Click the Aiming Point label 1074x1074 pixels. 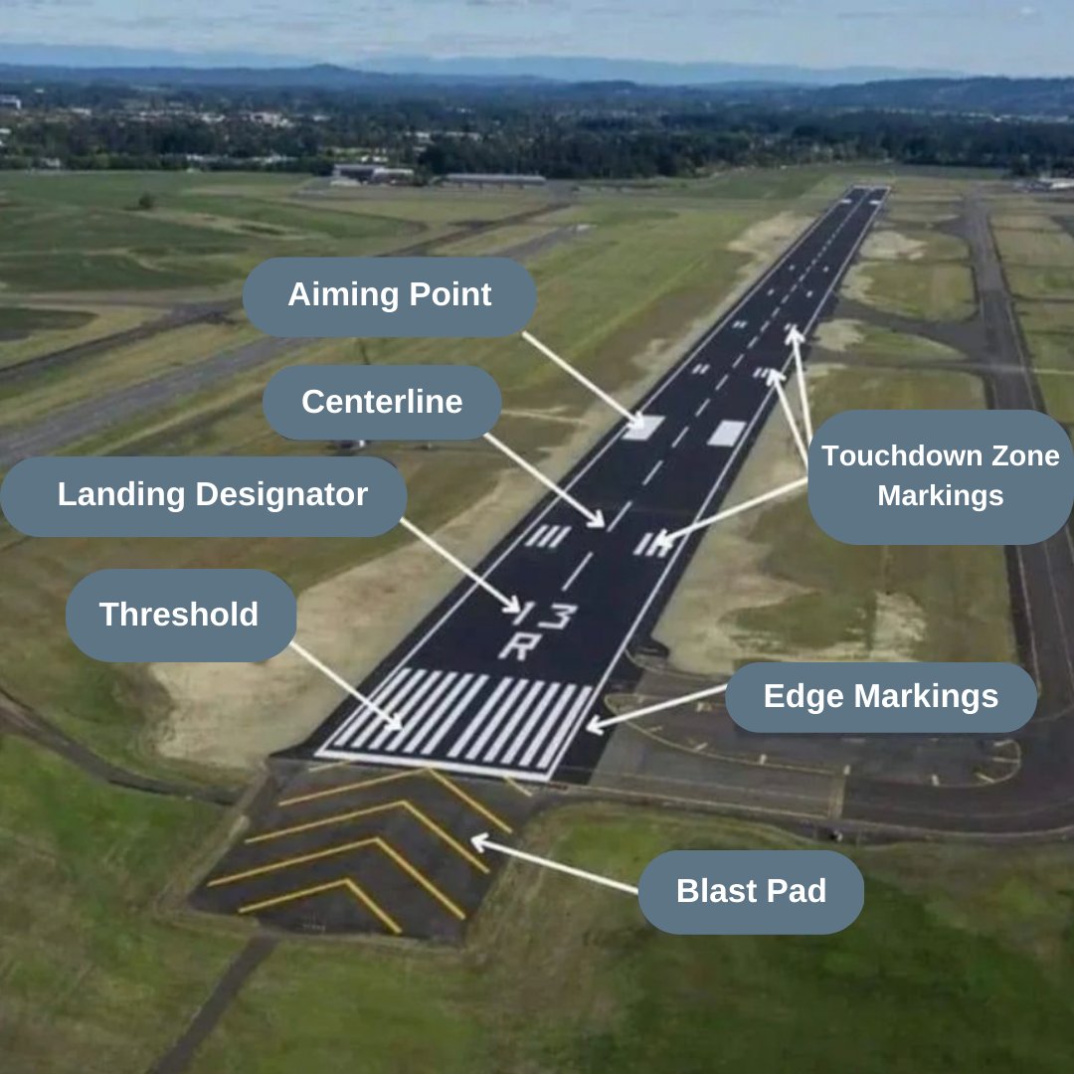[390, 295]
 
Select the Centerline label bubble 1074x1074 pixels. [382, 402]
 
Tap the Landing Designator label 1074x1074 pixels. [212, 495]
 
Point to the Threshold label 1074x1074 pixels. [179, 615]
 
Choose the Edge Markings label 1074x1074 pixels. [880, 697]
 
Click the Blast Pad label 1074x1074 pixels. [751, 891]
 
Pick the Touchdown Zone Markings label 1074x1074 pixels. [940, 476]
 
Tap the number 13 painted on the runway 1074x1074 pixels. [545, 615]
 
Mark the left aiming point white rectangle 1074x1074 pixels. [644, 428]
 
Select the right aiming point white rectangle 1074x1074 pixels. [727, 433]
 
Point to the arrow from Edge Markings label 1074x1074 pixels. [656, 707]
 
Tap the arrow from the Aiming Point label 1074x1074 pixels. [582, 379]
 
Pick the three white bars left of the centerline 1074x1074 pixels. [548, 536]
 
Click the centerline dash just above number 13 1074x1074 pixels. [578, 571]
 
